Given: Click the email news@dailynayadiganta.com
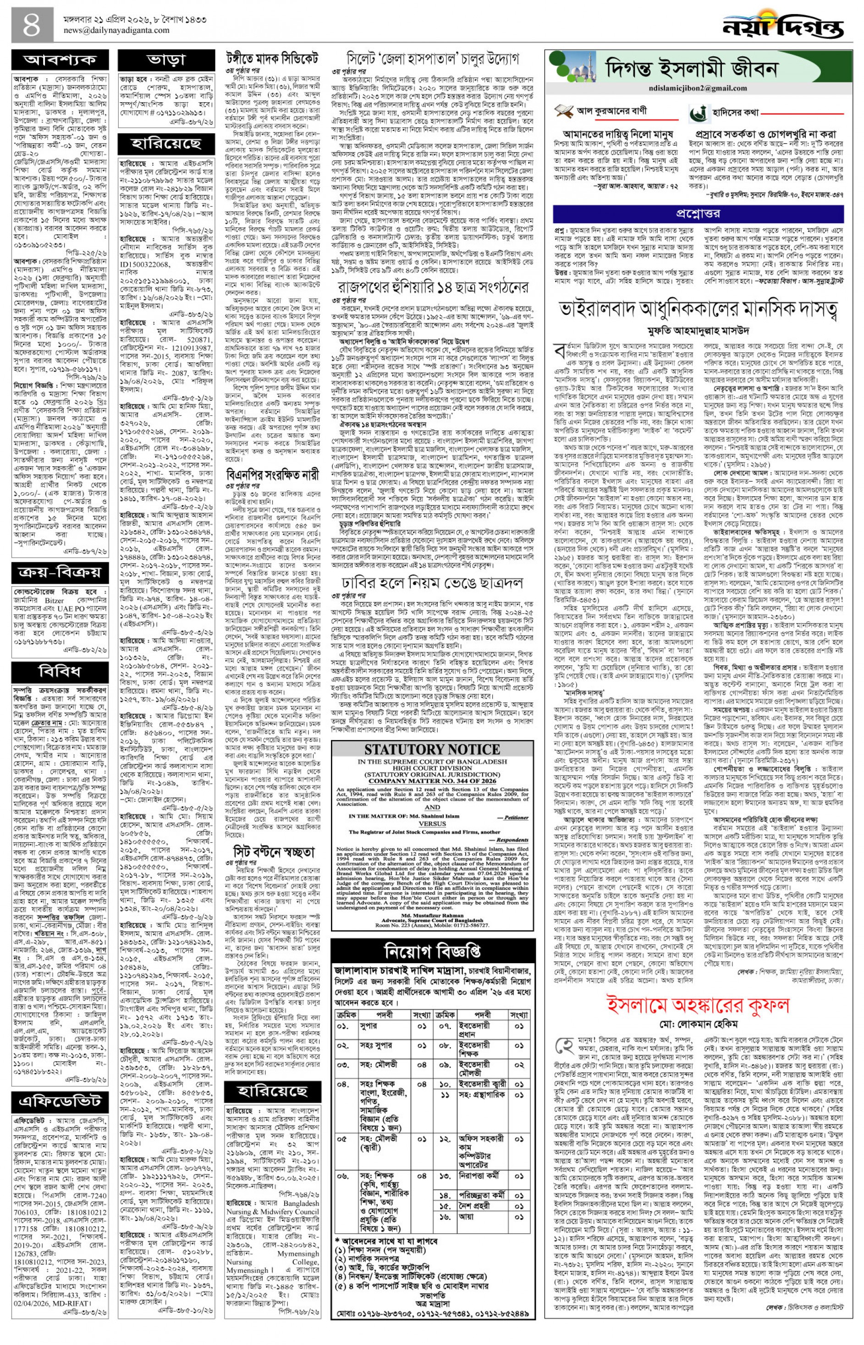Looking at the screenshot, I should [116, 30].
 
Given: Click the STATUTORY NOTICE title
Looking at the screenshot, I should [432, 749].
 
